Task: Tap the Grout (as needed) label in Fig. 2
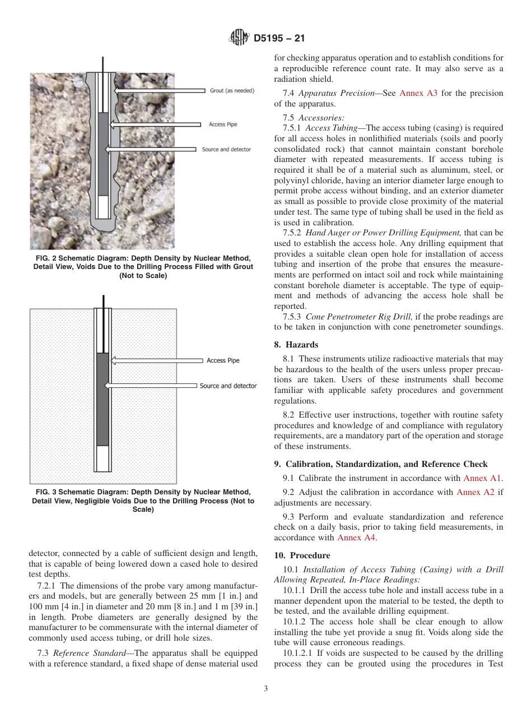click(x=232, y=90)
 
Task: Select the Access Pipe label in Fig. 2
click(x=223, y=124)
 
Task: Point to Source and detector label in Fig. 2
click(x=226, y=150)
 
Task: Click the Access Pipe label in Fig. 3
click(x=223, y=360)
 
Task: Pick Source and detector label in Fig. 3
click(x=228, y=386)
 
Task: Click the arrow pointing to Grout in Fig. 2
click(x=160, y=90)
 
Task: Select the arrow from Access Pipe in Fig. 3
click(x=157, y=360)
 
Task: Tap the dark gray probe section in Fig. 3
click(x=102, y=398)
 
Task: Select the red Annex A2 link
click(x=475, y=492)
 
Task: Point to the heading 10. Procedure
click(x=302, y=555)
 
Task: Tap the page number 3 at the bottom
click(x=266, y=689)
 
